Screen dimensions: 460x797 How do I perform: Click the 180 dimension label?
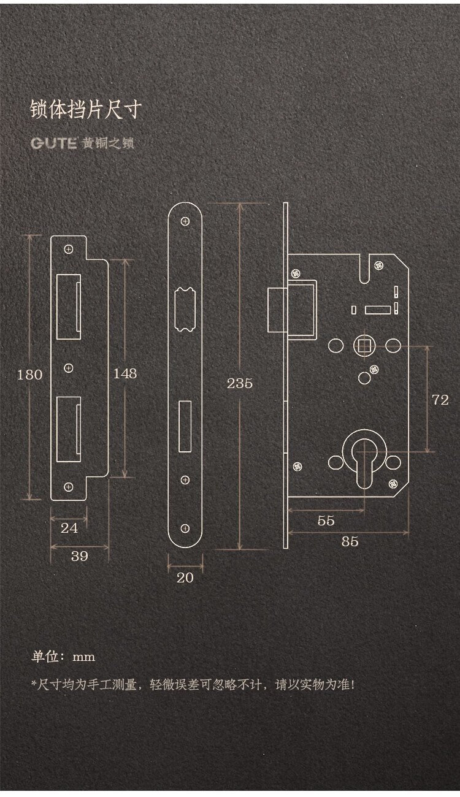point(30,375)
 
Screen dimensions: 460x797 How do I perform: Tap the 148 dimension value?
point(125,373)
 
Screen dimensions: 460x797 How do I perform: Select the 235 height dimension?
point(240,383)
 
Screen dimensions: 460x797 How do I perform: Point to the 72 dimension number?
point(440,400)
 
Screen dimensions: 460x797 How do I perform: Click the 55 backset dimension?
point(326,521)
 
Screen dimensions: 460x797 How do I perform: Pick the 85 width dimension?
point(350,541)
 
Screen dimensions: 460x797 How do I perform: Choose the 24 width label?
point(69,528)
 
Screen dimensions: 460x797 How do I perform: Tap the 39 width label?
point(79,556)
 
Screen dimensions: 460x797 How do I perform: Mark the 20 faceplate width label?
point(185,578)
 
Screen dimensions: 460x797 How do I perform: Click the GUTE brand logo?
point(54,143)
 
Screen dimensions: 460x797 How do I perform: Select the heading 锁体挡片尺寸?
point(86,109)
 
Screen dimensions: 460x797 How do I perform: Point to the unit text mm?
point(83,657)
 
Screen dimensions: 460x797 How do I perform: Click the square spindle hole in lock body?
point(364,346)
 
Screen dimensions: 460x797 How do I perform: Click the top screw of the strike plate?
point(68,249)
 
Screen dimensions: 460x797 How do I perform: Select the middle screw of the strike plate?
point(68,368)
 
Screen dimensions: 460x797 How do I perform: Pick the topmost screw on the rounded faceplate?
point(185,221)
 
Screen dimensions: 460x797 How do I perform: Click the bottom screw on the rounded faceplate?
point(185,528)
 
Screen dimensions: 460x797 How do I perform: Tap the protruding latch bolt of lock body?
point(277,310)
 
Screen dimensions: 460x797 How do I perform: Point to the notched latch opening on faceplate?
point(185,310)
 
